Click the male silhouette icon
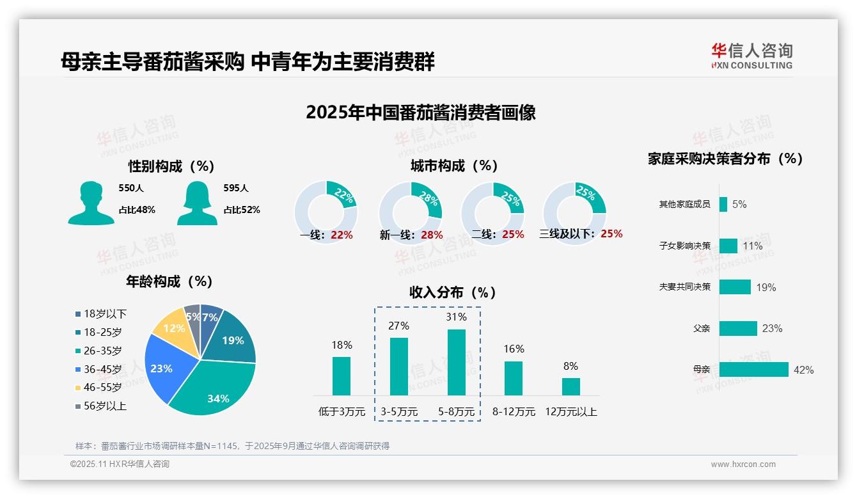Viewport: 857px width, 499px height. tap(91, 203)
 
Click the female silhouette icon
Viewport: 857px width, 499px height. tap(197, 203)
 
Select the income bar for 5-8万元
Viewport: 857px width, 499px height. tap(457, 362)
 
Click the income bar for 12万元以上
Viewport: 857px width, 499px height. tap(570, 386)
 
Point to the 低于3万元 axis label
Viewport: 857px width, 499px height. tap(341, 411)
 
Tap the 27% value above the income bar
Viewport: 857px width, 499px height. tap(398, 326)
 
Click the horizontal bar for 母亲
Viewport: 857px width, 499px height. tap(753, 370)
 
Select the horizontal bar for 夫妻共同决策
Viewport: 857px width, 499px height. tap(735, 287)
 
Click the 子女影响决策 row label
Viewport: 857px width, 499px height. tap(684, 246)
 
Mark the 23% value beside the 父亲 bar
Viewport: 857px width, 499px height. tap(772, 329)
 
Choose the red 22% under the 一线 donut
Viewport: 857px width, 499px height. tap(342, 235)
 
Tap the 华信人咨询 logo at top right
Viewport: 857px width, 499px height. tap(751, 56)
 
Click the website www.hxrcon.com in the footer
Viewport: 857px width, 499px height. tap(743, 464)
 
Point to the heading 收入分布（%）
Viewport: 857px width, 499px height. tap(453, 292)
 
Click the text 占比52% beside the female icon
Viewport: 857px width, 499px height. tap(242, 210)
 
